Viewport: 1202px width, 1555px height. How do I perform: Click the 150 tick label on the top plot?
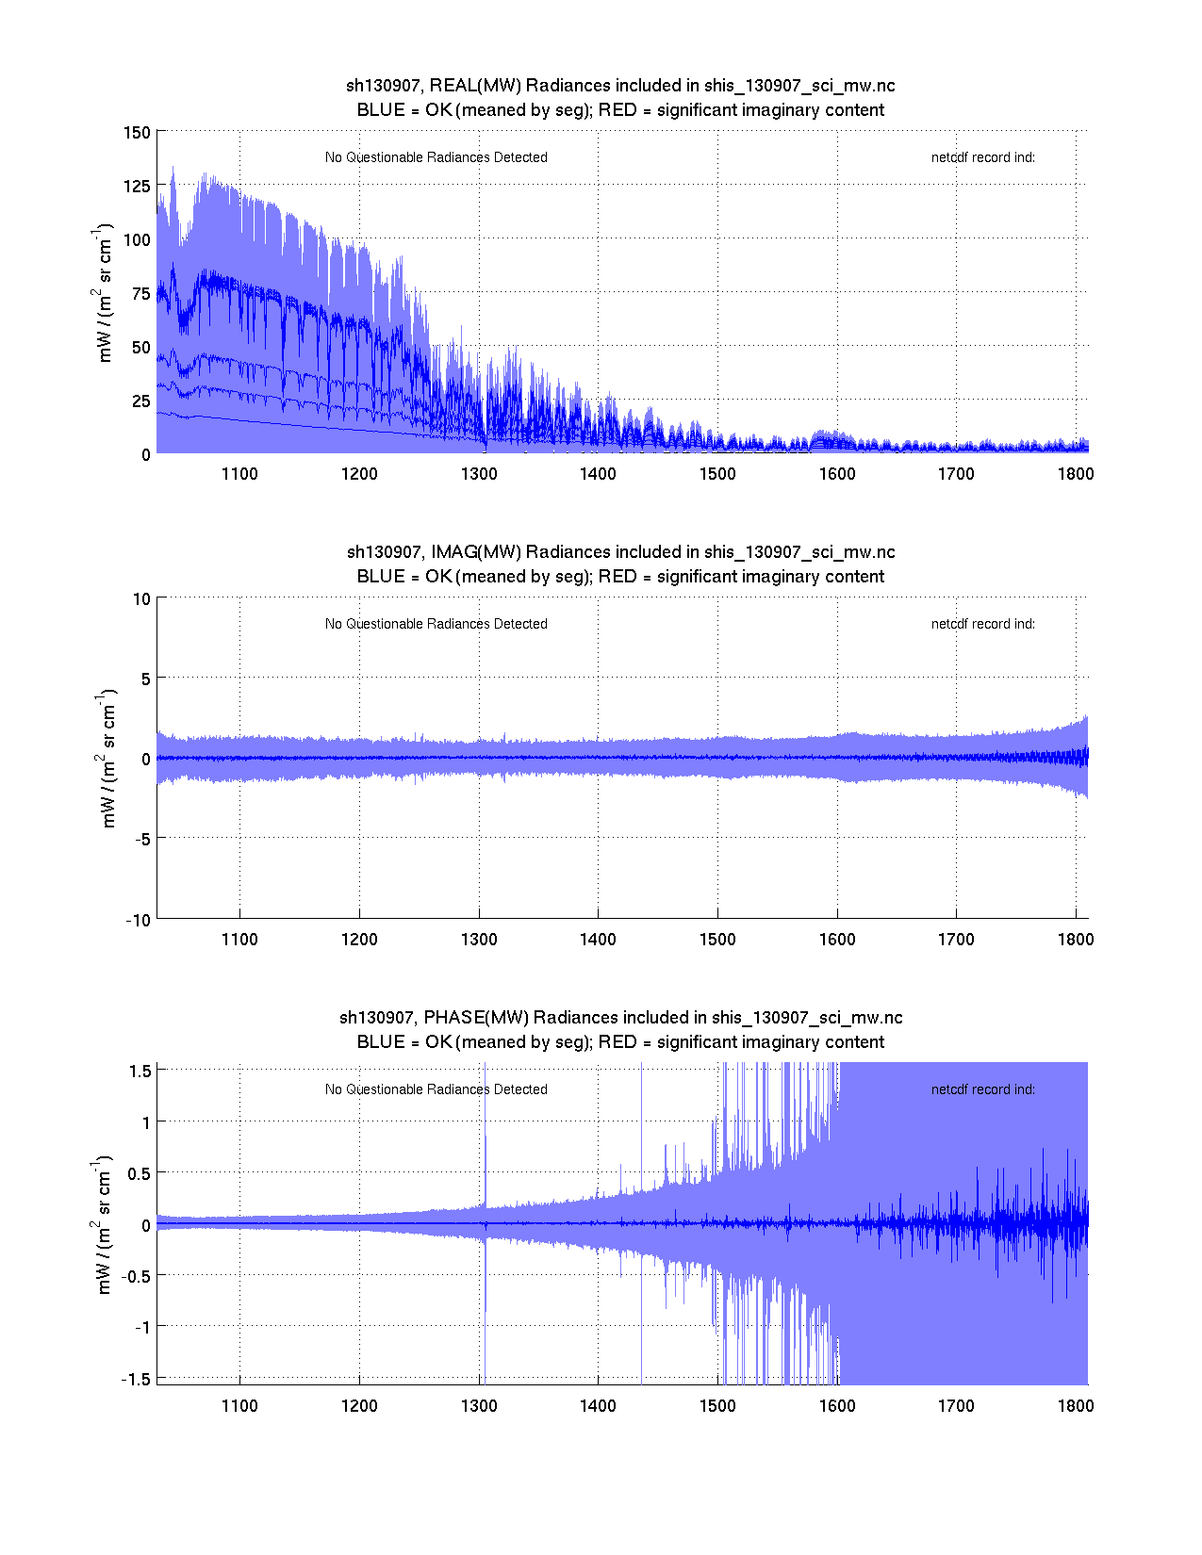[x=137, y=132]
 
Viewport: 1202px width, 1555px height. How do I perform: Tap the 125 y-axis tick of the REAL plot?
[x=137, y=186]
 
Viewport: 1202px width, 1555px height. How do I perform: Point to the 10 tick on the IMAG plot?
[x=142, y=598]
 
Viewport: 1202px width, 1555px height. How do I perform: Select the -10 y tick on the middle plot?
[x=139, y=921]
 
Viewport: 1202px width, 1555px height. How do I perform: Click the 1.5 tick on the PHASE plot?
[x=140, y=1071]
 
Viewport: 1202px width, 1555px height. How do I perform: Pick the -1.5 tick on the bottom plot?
[x=138, y=1379]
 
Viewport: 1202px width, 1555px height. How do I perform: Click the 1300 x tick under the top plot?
[x=479, y=474]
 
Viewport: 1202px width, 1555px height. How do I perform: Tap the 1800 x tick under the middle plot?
[x=1076, y=940]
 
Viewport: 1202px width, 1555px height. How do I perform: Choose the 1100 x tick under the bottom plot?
[x=239, y=1406]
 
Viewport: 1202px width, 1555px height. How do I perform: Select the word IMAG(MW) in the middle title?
[x=476, y=552]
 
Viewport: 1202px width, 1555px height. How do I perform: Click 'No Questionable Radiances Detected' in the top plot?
[x=436, y=157]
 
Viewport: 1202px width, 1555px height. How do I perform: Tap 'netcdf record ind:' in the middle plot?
[x=983, y=624]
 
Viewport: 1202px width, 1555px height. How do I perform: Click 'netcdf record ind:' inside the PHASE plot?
[x=983, y=1089]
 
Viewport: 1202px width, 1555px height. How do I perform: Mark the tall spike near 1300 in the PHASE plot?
[x=485, y=1131]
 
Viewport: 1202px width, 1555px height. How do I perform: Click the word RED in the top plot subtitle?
[x=617, y=110]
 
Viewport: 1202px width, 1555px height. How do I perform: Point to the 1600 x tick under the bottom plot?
[x=837, y=1406]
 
